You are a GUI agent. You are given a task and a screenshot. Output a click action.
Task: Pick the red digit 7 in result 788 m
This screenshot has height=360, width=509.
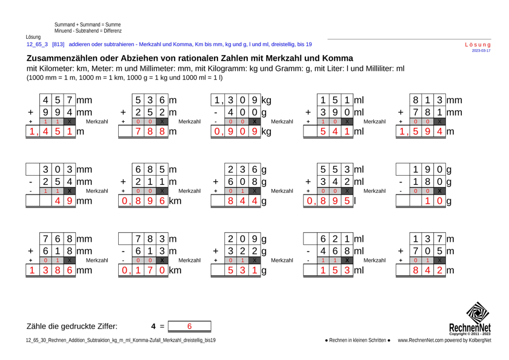(140, 130)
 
